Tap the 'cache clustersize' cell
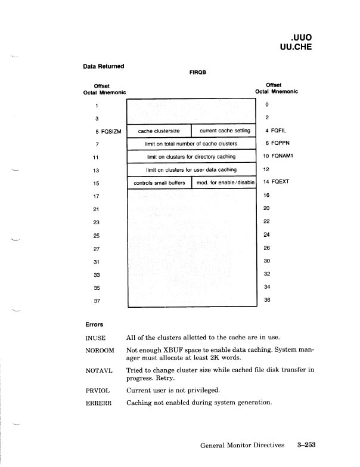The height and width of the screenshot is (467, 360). click(x=159, y=131)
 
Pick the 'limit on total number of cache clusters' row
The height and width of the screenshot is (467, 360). click(x=191, y=144)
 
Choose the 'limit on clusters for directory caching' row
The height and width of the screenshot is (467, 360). click(x=191, y=157)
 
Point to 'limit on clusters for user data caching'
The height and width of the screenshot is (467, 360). click(x=191, y=170)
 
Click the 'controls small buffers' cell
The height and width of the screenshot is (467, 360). click(x=159, y=183)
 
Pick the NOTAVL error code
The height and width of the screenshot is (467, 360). click(x=98, y=371)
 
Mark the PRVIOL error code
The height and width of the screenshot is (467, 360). click(x=98, y=391)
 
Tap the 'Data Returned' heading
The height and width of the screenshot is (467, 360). click(x=104, y=67)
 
